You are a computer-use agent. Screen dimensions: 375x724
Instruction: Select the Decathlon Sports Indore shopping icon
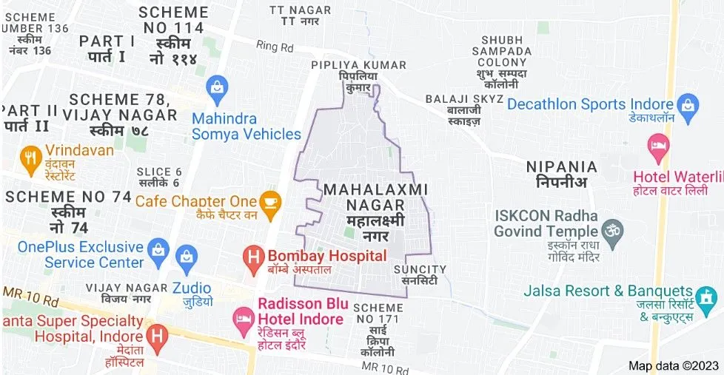click(688, 104)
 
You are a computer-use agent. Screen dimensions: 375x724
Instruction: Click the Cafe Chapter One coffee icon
click(270, 200)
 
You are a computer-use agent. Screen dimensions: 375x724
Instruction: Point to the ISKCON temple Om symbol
click(611, 232)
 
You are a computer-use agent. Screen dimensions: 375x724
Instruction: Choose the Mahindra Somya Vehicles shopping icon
click(218, 86)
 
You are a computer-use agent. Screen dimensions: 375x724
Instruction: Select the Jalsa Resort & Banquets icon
click(707, 297)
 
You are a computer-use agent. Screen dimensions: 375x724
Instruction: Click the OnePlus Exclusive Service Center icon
click(157, 247)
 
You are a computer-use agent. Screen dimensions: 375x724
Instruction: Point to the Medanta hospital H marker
click(156, 337)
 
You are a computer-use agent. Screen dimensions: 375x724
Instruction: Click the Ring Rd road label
click(275, 46)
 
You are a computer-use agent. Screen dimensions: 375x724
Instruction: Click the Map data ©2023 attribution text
click(674, 365)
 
